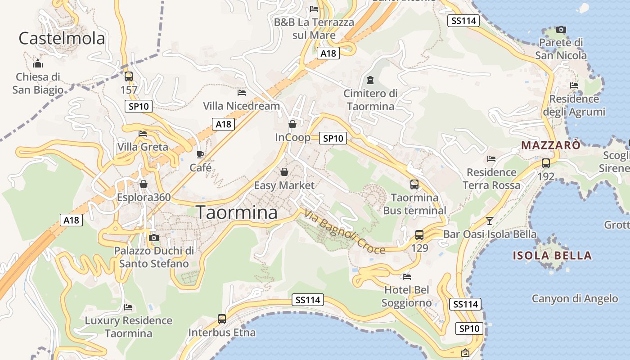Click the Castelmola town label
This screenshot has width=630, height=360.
pyautogui.click(x=62, y=39)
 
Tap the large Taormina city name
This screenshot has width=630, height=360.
pyautogui.click(x=237, y=212)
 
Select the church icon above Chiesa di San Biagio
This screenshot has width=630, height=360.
pyautogui.click(x=38, y=63)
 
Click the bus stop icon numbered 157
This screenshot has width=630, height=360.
pyautogui.click(x=129, y=76)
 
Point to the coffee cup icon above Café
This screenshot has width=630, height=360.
pyautogui.click(x=200, y=155)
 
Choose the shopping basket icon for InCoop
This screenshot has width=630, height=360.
pyautogui.click(x=292, y=124)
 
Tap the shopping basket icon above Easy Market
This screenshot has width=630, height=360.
pyautogui.click(x=284, y=172)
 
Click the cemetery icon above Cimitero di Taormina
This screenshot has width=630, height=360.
pyautogui.click(x=370, y=80)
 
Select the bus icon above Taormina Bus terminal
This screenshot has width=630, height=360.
pyautogui.click(x=414, y=184)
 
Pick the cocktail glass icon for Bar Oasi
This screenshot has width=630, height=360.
pyautogui.click(x=490, y=220)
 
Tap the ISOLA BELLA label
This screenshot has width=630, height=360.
pyautogui.click(x=552, y=256)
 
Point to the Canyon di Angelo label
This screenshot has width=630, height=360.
pyautogui.click(x=575, y=298)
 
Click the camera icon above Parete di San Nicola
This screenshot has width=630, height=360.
pyautogui.click(x=561, y=30)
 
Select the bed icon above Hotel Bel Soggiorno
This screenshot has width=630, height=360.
pyautogui.click(x=407, y=276)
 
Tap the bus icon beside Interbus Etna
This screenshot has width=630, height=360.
pyautogui.click(x=222, y=319)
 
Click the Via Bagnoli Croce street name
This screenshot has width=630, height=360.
pyautogui.click(x=345, y=232)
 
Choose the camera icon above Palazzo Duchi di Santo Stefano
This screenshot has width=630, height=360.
pyautogui.click(x=154, y=237)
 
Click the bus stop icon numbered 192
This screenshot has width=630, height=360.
pyautogui.click(x=546, y=163)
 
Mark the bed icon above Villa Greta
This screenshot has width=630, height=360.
pyautogui.click(x=143, y=134)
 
